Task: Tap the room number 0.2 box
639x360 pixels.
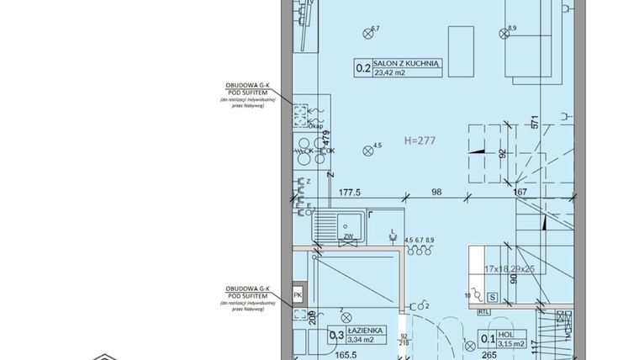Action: [x=362, y=70]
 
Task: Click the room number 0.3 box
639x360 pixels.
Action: [x=335, y=336]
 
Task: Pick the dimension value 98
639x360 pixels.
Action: [x=436, y=192]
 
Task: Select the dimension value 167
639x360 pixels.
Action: [x=520, y=192]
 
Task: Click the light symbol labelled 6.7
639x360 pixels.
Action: [x=367, y=34]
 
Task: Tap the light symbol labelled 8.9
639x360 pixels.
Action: [x=503, y=34]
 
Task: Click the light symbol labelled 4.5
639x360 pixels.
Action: [x=367, y=151]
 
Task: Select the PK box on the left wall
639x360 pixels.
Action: [x=297, y=296]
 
